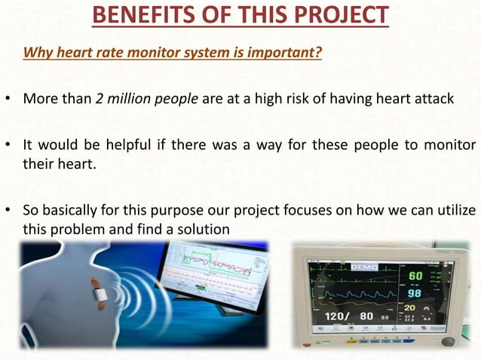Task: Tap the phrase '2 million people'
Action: [142, 99]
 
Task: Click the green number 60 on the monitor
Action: [415, 276]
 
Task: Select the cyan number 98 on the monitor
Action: [414, 292]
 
